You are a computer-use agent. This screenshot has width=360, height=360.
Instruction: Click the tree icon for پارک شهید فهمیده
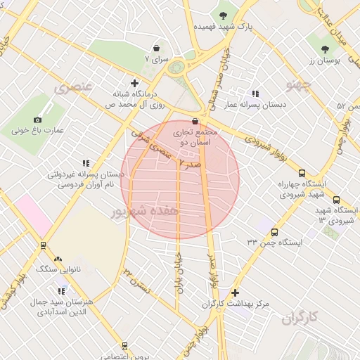(224, 14)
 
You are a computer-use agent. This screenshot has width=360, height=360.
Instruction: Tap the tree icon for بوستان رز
(324, 49)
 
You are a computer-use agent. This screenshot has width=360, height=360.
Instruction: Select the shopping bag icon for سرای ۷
(155, 49)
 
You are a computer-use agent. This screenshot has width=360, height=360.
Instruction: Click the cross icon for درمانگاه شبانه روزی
(134, 83)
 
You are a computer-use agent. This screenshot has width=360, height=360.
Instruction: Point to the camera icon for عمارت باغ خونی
(38, 120)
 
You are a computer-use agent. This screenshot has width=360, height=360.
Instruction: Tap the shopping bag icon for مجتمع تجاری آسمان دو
(195, 121)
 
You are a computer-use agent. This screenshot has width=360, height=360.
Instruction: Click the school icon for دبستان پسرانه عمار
(255, 94)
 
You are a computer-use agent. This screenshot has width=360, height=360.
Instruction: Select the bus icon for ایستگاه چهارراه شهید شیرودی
(302, 173)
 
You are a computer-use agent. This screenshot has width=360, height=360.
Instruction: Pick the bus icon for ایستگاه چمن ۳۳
(274, 232)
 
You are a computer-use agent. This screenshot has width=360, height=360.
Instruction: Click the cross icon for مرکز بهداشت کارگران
(235, 292)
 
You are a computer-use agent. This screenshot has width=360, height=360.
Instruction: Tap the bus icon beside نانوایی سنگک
(43, 245)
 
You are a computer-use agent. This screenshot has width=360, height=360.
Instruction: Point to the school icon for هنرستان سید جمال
(62, 290)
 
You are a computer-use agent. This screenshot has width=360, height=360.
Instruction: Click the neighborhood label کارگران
(300, 319)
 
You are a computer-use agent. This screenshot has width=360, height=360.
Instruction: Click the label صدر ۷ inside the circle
(190, 163)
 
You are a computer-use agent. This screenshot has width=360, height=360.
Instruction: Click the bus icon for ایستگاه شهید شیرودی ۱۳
(336, 200)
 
